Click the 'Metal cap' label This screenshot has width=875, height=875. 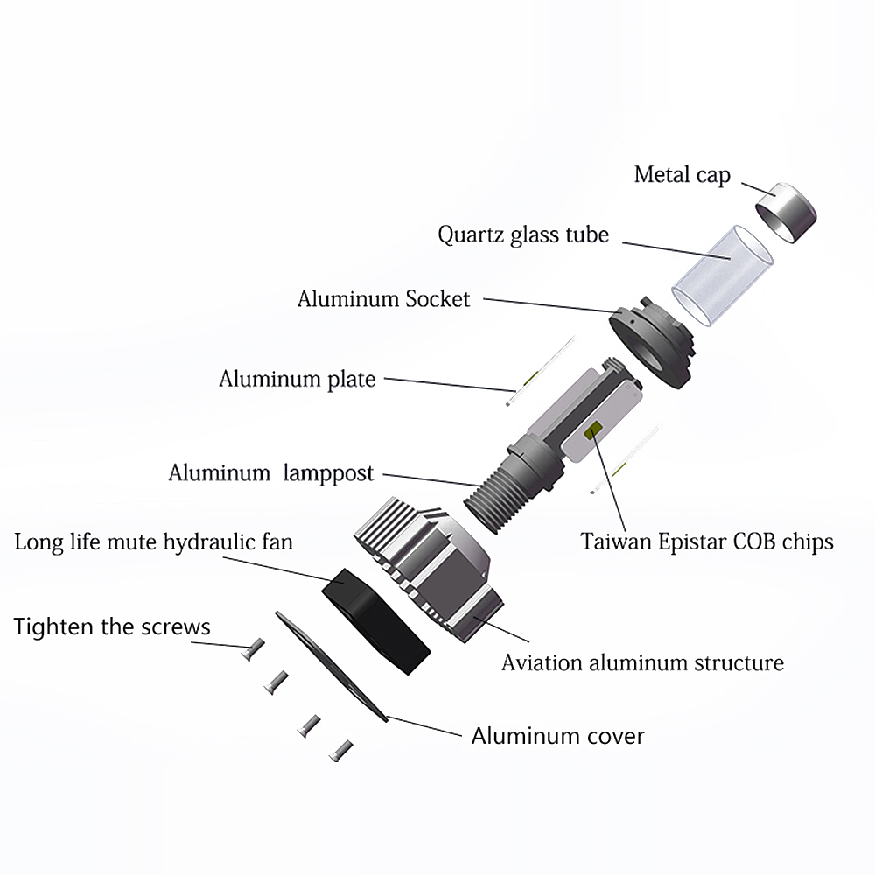pyautogui.click(x=682, y=175)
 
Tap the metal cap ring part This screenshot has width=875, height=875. pyautogui.click(x=787, y=212)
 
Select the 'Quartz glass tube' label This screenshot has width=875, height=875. pyautogui.click(x=523, y=234)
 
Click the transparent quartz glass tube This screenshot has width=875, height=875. pyautogui.click(x=722, y=275)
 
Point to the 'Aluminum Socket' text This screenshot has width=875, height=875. pyautogui.click(x=384, y=299)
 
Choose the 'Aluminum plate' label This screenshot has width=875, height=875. pyautogui.click(x=297, y=380)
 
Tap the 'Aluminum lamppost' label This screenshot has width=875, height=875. pyautogui.click(x=271, y=473)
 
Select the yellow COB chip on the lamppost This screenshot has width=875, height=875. pyautogui.click(x=593, y=430)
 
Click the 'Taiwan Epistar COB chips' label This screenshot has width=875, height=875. pyautogui.click(x=707, y=542)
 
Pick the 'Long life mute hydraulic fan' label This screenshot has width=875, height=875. pyautogui.click(x=153, y=542)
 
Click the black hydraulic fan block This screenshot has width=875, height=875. pyautogui.click(x=376, y=621)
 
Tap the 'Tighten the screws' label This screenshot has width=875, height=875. pyautogui.click(x=112, y=626)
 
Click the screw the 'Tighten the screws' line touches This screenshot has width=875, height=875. pyautogui.click(x=254, y=649)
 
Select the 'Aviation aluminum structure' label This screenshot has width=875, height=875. pyautogui.click(x=643, y=663)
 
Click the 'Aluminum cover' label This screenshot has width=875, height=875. pyautogui.click(x=558, y=736)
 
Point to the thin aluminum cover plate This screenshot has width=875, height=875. pyautogui.click(x=332, y=667)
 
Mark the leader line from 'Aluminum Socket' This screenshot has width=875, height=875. pyautogui.click(x=550, y=305)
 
